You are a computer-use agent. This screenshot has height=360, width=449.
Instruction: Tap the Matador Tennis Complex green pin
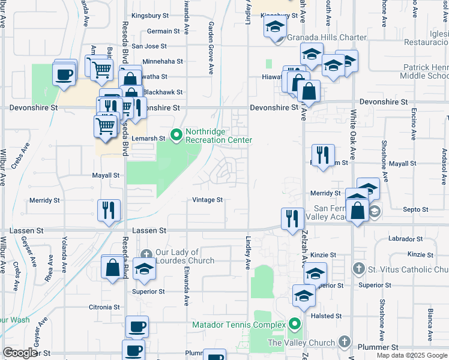click(294, 325)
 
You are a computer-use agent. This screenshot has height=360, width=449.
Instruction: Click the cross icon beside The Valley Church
click(344, 342)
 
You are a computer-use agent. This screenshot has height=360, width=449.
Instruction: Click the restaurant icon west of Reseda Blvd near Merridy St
click(109, 210)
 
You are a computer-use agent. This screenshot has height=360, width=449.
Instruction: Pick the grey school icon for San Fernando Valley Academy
click(375, 211)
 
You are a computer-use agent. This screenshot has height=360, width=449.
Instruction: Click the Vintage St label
click(208, 200)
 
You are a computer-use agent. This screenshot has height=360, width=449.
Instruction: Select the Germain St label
click(163, 31)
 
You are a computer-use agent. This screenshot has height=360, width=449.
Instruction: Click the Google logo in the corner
click(20, 353)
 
